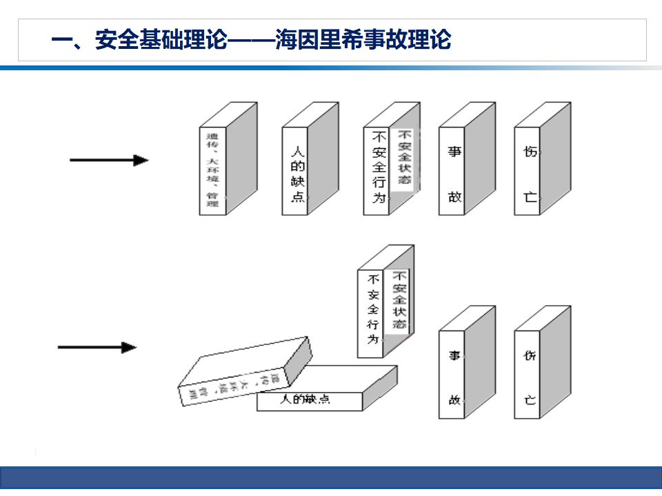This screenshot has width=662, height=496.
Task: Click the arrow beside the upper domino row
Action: click(x=108, y=161)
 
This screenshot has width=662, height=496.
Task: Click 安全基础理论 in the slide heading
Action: click(x=161, y=40)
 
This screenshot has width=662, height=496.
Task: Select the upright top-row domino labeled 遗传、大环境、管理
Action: click(x=212, y=170)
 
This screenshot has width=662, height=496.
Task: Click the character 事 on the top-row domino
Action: click(x=454, y=152)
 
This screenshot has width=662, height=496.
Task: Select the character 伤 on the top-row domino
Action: click(x=530, y=152)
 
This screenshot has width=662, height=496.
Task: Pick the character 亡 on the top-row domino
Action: click(x=530, y=197)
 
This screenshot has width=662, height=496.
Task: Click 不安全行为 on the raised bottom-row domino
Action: click(x=372, y=310)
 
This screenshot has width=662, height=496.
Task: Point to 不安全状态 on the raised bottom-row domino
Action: click(x=399, y=300)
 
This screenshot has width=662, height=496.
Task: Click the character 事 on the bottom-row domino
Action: click(x=454, y=355)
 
